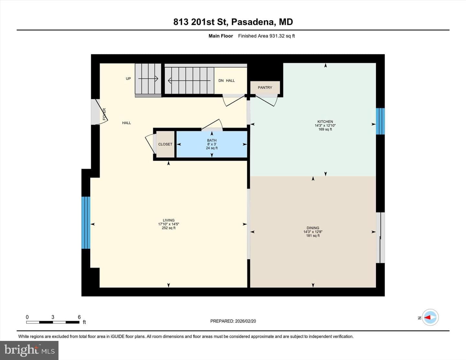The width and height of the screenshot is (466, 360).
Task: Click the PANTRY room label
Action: tap(265, 87)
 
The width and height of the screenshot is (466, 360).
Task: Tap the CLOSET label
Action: tap(165, 144)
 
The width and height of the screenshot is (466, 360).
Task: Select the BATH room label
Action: tap(212, 140)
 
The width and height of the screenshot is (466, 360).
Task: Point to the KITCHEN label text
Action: tap(325, 122)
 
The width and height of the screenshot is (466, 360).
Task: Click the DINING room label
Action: tap(313, 228)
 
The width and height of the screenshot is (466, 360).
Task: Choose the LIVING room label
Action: tap(169, 220)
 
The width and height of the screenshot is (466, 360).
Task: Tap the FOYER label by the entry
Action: tap(105, 114)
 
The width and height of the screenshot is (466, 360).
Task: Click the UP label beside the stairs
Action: tap(128, 79)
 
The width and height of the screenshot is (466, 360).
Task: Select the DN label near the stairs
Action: tap(221, 81)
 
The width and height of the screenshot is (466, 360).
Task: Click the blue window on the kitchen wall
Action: tap(380, 121)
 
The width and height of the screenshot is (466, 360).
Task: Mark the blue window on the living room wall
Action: tap(86, 223)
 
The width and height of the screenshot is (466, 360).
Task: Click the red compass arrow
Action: tap(427, 317)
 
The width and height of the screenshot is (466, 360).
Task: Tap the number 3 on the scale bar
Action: tap(53, 317)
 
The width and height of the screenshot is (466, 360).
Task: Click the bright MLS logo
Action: tap(29, 350)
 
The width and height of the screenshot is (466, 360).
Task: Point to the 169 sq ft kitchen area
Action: tap(325, 129)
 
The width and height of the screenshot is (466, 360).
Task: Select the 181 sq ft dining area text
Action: tap(313, 235)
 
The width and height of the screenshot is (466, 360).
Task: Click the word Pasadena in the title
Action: tap(253, 22)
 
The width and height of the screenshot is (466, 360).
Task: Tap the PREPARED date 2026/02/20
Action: tap(246, 321)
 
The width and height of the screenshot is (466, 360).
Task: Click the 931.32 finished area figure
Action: tap(277, 36)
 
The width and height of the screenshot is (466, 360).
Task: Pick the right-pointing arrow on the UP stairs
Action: tap(148, 79)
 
